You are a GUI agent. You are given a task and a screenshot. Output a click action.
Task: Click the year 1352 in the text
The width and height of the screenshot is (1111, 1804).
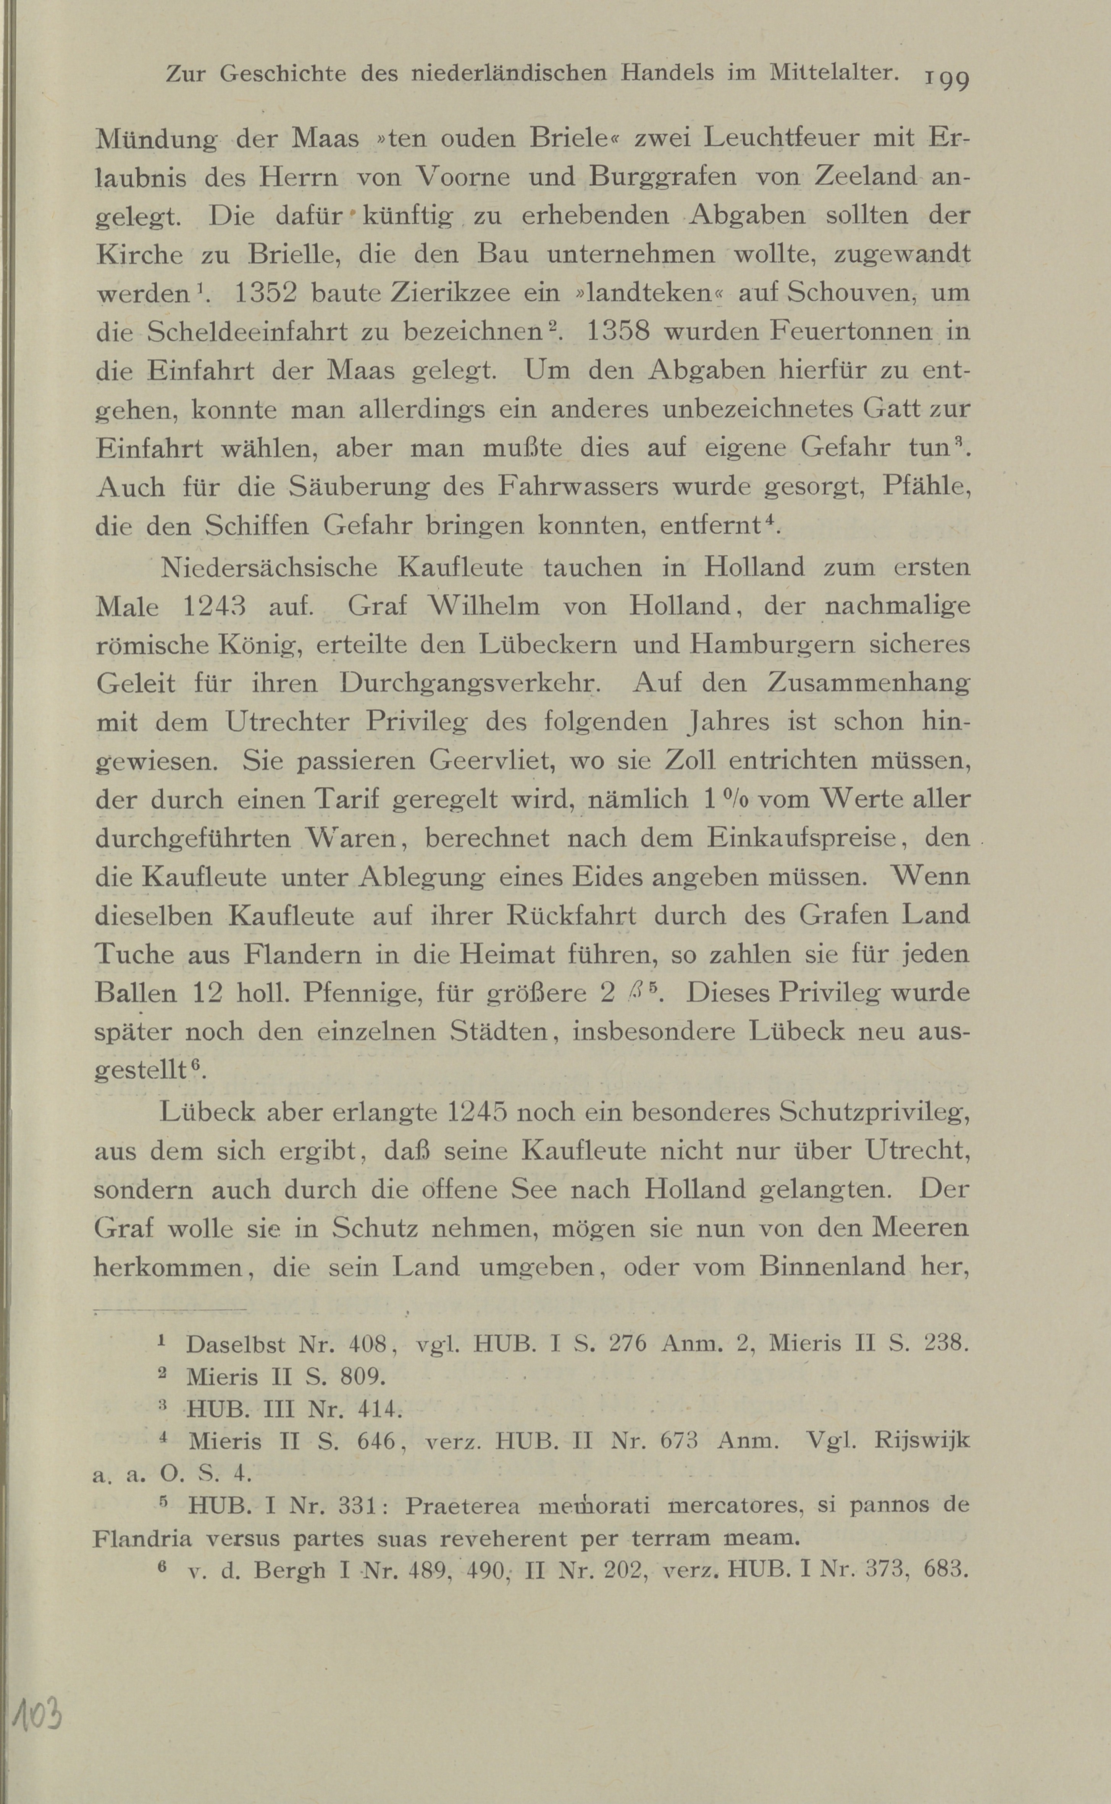265,293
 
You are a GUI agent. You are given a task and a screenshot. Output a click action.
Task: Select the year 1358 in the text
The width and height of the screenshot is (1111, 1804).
619,332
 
